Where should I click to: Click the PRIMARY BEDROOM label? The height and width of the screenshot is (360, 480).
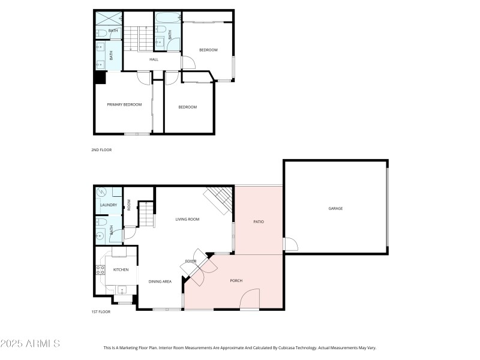click(124, 104)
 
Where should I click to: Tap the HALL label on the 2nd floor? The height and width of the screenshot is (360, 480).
click(154, 59)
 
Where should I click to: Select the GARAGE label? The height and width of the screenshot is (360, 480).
click(335, 208)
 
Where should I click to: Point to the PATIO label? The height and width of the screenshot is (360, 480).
click(259, 222)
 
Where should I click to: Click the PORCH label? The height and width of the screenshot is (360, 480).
click(236, 281)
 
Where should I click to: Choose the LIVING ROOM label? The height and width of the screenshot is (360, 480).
click(187, 219)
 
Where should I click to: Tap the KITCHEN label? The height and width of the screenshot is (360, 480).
click(121, 269)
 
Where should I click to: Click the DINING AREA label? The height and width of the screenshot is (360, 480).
click(160, 281)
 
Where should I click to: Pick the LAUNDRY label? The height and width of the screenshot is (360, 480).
click(109, 205)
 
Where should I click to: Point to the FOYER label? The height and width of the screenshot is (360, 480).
click(191, 261)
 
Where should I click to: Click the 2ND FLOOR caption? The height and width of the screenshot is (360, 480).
click(102, 149)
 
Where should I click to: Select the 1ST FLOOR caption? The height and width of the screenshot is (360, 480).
click(102, 313)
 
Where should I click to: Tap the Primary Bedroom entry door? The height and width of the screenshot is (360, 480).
click(144, 77)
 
